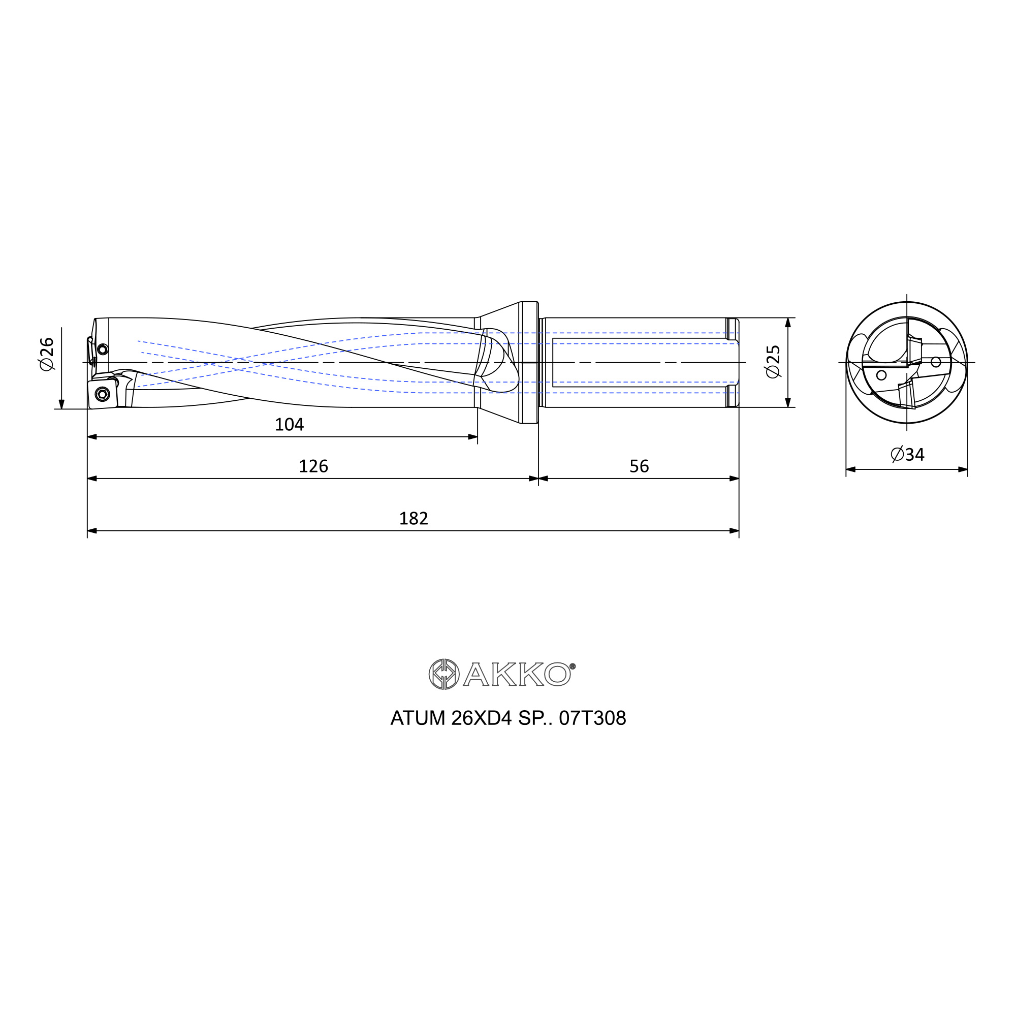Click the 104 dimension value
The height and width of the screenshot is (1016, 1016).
point(289,424)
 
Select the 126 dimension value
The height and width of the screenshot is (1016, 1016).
point(313,466)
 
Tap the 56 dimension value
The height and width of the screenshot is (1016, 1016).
point(639,466)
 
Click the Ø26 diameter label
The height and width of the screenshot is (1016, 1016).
point(47,354)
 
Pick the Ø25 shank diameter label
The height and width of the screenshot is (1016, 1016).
point(773,361)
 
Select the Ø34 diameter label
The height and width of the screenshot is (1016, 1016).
point(907,454)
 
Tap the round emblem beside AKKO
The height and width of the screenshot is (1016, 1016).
point(444,674)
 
